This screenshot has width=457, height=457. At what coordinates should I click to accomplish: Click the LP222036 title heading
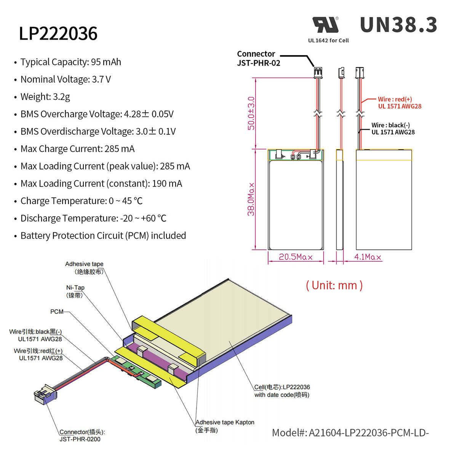[58, 34]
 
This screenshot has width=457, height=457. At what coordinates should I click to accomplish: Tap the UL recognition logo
[326, 25]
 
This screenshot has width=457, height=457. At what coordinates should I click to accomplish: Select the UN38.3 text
[398, 25]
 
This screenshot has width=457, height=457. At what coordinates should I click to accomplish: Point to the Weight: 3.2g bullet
[45, 97]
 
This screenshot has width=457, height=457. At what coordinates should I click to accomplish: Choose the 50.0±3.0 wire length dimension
[251, 113]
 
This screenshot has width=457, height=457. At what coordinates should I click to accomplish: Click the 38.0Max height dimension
[251, 199]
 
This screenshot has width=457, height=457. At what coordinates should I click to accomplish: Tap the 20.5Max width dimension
[296, 257]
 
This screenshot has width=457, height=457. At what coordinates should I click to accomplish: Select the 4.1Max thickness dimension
[368, 257]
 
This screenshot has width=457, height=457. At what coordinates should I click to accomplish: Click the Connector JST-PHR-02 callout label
[258, 59]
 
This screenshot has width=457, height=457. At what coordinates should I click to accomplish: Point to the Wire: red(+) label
[399, 103]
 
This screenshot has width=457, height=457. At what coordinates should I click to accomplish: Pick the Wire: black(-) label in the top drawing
[393, 129]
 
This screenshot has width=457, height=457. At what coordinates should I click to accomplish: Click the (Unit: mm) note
[334, 285]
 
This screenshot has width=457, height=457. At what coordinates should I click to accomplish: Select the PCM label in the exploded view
[57, 312]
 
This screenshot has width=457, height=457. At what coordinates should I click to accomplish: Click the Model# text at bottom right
[350, 433]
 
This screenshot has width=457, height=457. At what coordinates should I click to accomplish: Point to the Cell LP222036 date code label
[282, 391]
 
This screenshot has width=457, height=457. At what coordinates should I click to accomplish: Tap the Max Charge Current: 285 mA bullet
[77, 149]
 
